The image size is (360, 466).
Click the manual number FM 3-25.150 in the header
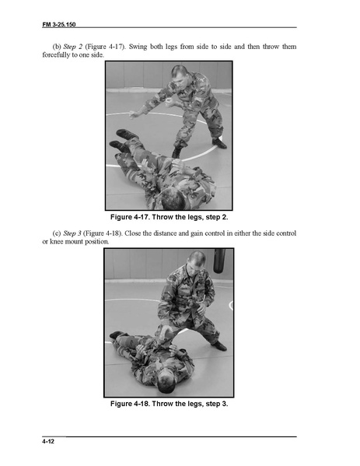pyautogui.click(x=59, y=24)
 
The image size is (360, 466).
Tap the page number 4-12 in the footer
pyautogui.click(x=48, y=442)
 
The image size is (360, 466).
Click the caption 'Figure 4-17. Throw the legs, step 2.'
pyautogui.click(x=169, y=217)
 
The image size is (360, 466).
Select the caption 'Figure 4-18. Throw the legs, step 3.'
pyautogui.click(x=169, y=404)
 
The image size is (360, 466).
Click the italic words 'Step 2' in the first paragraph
pyautogui.click(x=73, y=47)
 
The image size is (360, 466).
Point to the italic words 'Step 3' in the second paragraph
pyautogui.click(x=72, y=233)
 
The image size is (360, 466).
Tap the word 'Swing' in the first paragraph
pyautogui.click(x=138, y=47)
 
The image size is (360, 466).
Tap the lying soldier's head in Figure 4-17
pyautogui.click(x=173, y=198)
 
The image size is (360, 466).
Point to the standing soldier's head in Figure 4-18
pyautogui.click(x=197, y=261)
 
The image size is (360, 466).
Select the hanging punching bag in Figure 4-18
pyautogui.click(x=219, y=261)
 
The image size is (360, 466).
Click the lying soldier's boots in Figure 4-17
pyautogui.click(x=123, y=140)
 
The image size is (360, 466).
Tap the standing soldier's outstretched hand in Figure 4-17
pyautogui.click(x=134, y=114)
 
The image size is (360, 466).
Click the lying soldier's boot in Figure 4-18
pyautogui.click(x=117, y=335)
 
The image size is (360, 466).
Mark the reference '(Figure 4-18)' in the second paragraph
pyautogui.click(x=103, y=233)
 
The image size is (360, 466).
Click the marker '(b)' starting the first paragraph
pyautogui.click(x=57, y=47)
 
